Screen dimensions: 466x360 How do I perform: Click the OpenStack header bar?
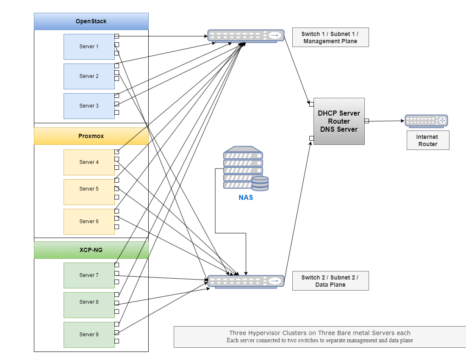[91, 21]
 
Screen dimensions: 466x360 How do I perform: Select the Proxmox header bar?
[91, 136]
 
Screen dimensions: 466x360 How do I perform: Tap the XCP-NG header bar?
[91, 250]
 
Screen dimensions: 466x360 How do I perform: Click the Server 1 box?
[89, 47]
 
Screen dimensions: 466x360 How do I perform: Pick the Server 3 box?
[89, 106]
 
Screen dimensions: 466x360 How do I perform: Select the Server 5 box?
[89, 192]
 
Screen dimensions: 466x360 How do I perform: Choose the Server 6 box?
[89, 222]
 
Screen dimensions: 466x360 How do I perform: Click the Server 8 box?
[89, 305]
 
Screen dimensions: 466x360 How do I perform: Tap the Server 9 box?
[89, 335]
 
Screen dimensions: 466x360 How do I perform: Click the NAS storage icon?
[246, 168]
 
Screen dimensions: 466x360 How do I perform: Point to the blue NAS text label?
[246, 197]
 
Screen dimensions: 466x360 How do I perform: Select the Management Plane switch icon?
[246, 36]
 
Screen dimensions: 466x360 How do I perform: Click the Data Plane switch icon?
[246, 281]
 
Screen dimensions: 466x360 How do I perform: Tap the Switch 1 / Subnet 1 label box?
[330, 37]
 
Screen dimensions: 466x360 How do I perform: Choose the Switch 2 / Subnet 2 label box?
[330, 281]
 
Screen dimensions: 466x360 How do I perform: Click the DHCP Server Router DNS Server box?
[339, 121]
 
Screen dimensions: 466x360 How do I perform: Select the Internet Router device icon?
[427, 121]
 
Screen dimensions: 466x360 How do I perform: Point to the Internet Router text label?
[428, 140]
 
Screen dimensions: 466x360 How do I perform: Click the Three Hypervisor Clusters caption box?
[320, 337]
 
